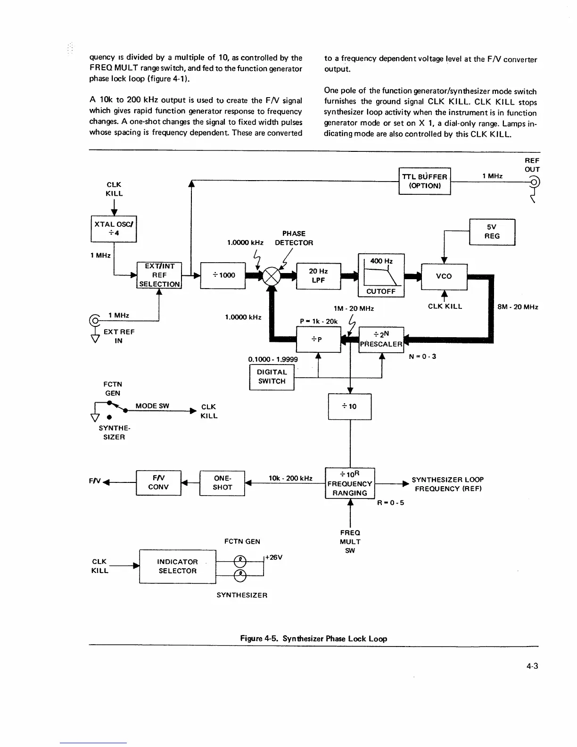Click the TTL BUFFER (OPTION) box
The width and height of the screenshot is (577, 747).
coord(424,181)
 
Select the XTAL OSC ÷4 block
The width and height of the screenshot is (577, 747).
coord(114,229)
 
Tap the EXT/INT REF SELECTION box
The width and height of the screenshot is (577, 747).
coord(159,275)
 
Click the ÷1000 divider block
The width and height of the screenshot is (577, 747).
coord(223,275)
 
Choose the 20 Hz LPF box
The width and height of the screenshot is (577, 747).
coord(318,276)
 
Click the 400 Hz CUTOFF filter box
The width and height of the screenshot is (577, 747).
coord(381,276)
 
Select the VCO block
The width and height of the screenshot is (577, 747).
coord(444,276)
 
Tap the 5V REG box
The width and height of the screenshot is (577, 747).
coord(492,232)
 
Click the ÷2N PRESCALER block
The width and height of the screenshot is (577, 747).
coord(381,340)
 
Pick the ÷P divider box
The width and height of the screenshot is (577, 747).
coord(318,340)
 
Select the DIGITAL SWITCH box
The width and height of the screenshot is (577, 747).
coord(272,377)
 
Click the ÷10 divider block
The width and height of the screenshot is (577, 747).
coord(349,407)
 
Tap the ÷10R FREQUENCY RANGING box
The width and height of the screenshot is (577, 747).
coord(349,483)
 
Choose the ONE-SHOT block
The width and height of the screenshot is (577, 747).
coord(222,483)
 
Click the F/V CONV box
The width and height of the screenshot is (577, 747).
coord(158,482)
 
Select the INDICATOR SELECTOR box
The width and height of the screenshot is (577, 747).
coord(177,566)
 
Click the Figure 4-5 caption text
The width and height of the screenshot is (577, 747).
coord(313,639)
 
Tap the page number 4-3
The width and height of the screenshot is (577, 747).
coord(532,666)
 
